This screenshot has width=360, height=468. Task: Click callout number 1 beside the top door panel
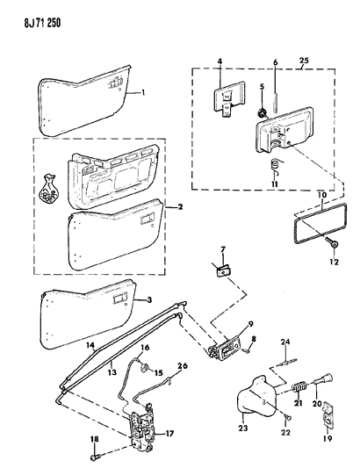(145, 90)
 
